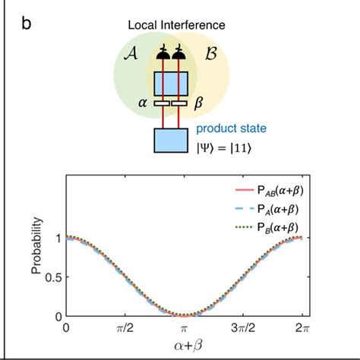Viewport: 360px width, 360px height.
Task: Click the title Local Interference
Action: [176, 25]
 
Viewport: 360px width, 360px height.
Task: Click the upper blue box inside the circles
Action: [170, 82]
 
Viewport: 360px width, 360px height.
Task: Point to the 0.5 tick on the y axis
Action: [51, 276]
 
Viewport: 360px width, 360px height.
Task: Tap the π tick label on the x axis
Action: [185, 328]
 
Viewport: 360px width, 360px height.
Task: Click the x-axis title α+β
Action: [185, 347]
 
